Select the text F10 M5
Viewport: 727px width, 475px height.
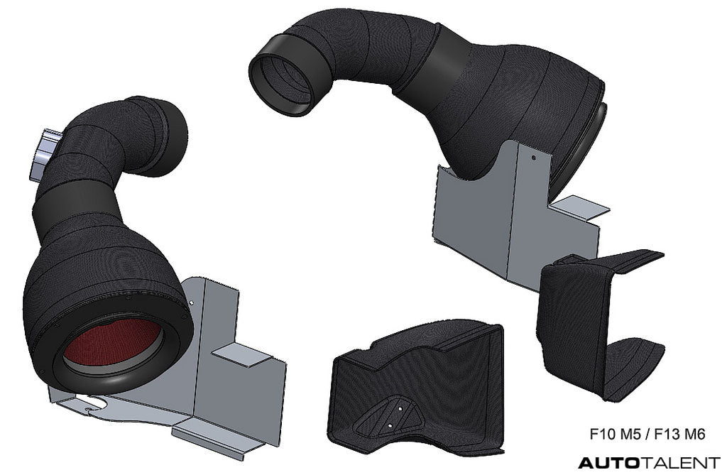coord(615,435)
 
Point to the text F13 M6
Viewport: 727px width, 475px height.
coord(679,435)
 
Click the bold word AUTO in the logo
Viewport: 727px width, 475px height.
coord(609,462)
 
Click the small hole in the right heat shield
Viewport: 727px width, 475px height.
coord(534,157)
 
